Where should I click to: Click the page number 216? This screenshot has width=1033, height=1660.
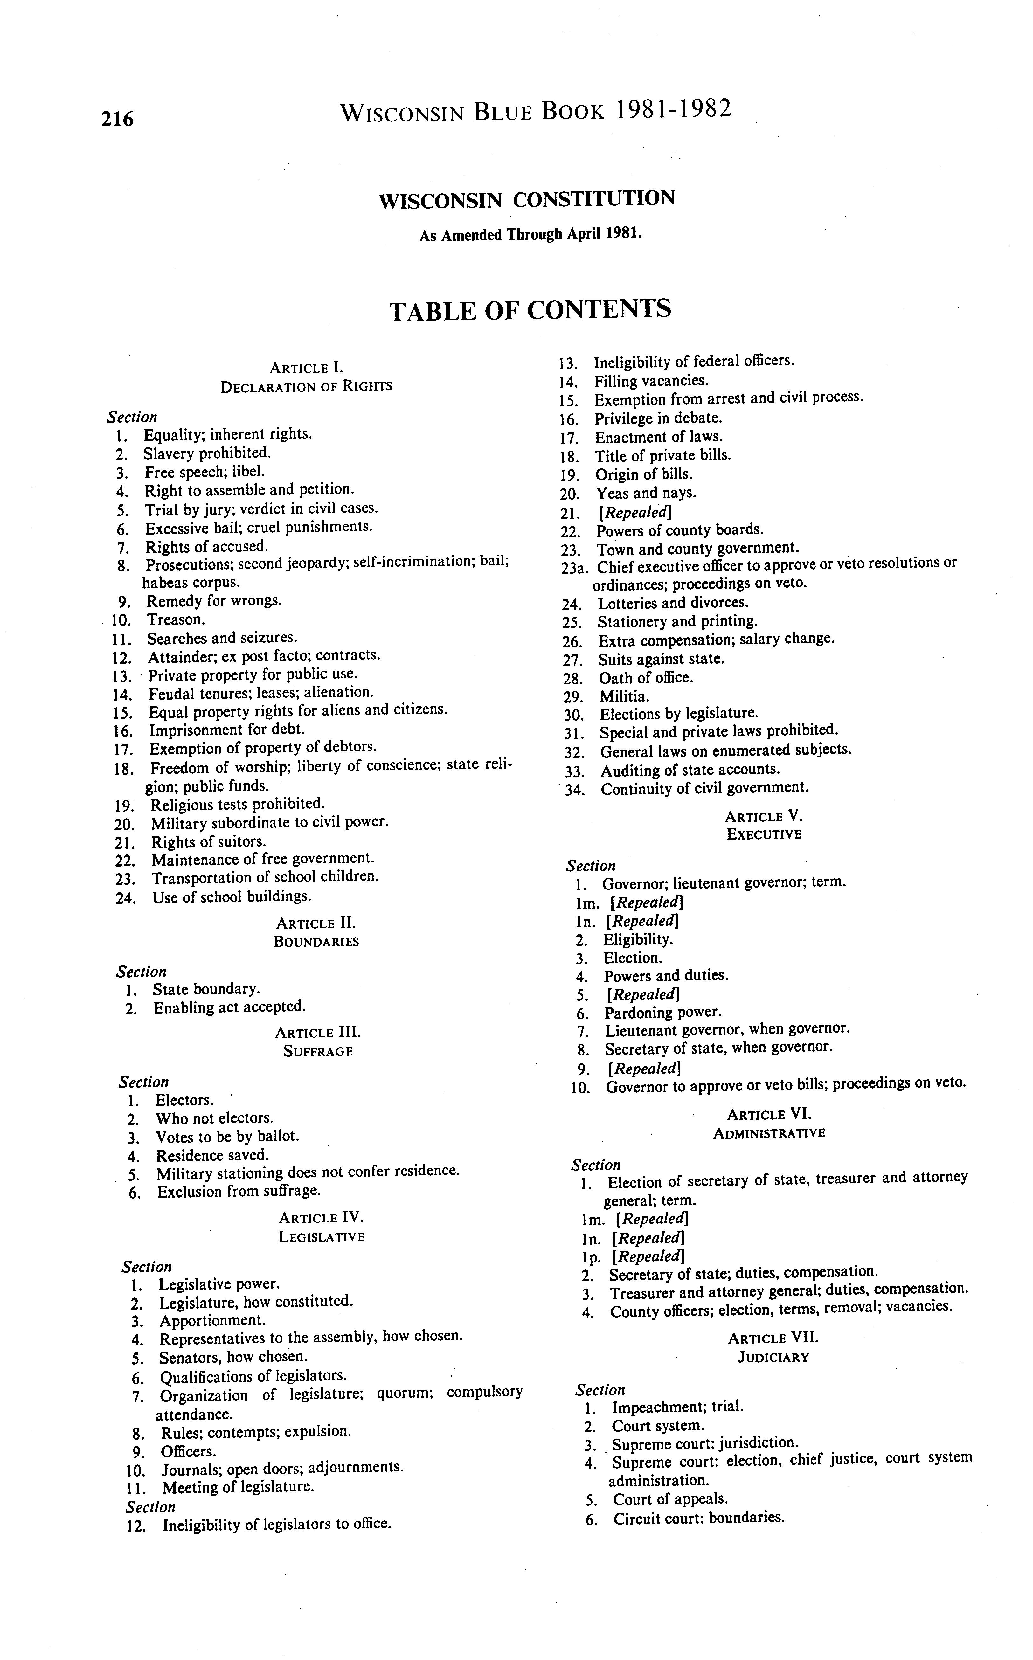117,119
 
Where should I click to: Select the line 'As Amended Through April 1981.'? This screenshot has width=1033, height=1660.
530,234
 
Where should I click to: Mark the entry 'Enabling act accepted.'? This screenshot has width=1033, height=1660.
229,1007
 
